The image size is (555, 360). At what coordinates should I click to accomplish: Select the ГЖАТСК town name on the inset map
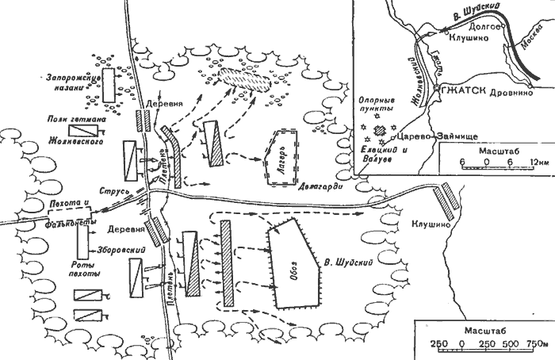pyautogui.click(x=469, y=86)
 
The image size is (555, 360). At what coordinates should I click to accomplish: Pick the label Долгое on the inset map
pyautogui.click(x=481, y=26)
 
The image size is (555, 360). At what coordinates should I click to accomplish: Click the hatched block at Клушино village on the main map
pyautogui.click(x=446, y=199)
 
